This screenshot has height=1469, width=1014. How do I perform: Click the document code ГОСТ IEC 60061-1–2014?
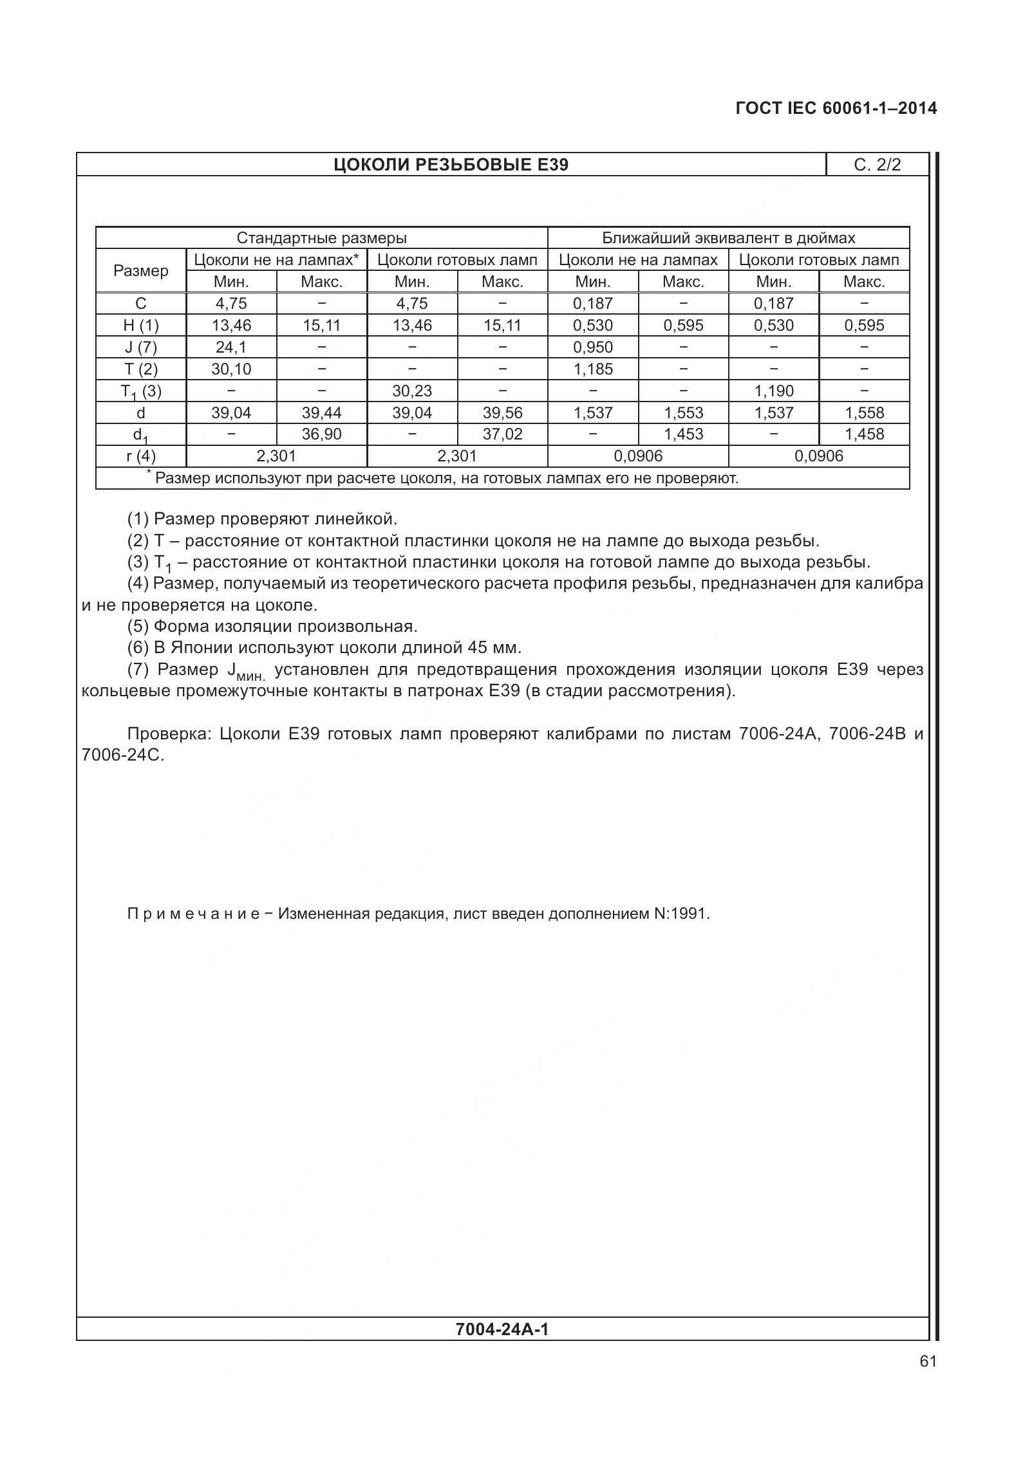coord(836,108)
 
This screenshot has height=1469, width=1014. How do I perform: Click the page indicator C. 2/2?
coord(877,165)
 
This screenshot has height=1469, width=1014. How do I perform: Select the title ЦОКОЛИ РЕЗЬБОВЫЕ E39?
coord(451,165)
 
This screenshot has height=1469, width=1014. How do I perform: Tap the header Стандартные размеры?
coord(321,238)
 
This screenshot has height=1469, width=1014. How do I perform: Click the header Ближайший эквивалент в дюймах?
coord(728,238)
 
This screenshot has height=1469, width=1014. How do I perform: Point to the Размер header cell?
coord(140,271)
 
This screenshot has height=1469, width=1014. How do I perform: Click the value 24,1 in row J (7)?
coord(230,347)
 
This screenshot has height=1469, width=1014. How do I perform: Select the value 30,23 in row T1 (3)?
coord(412,391)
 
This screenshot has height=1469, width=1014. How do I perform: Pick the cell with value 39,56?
coord(502,413)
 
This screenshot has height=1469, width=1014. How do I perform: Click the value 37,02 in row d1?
coord(502,434)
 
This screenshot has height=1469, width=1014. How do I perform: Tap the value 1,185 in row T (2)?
coord(593,369)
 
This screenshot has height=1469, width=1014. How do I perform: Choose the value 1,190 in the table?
coord(774,391)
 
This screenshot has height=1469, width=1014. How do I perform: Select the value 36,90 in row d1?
coord(321,434)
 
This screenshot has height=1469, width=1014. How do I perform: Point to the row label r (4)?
coord(140,457)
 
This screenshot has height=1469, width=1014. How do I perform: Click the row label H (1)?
coord(140,326)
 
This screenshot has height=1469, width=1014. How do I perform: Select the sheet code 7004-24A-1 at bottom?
coord(502,1329)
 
